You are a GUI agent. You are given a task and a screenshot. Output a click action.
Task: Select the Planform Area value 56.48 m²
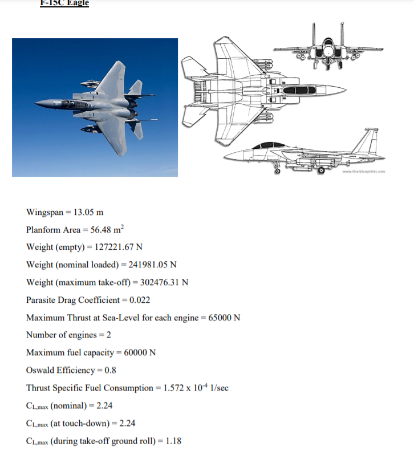point(108,230)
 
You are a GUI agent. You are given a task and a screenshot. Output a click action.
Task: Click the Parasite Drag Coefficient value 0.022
point(140,300)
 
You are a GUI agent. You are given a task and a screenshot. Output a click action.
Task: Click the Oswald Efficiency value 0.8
point(111,370)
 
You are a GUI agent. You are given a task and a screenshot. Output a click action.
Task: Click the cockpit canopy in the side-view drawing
point(271,146)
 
